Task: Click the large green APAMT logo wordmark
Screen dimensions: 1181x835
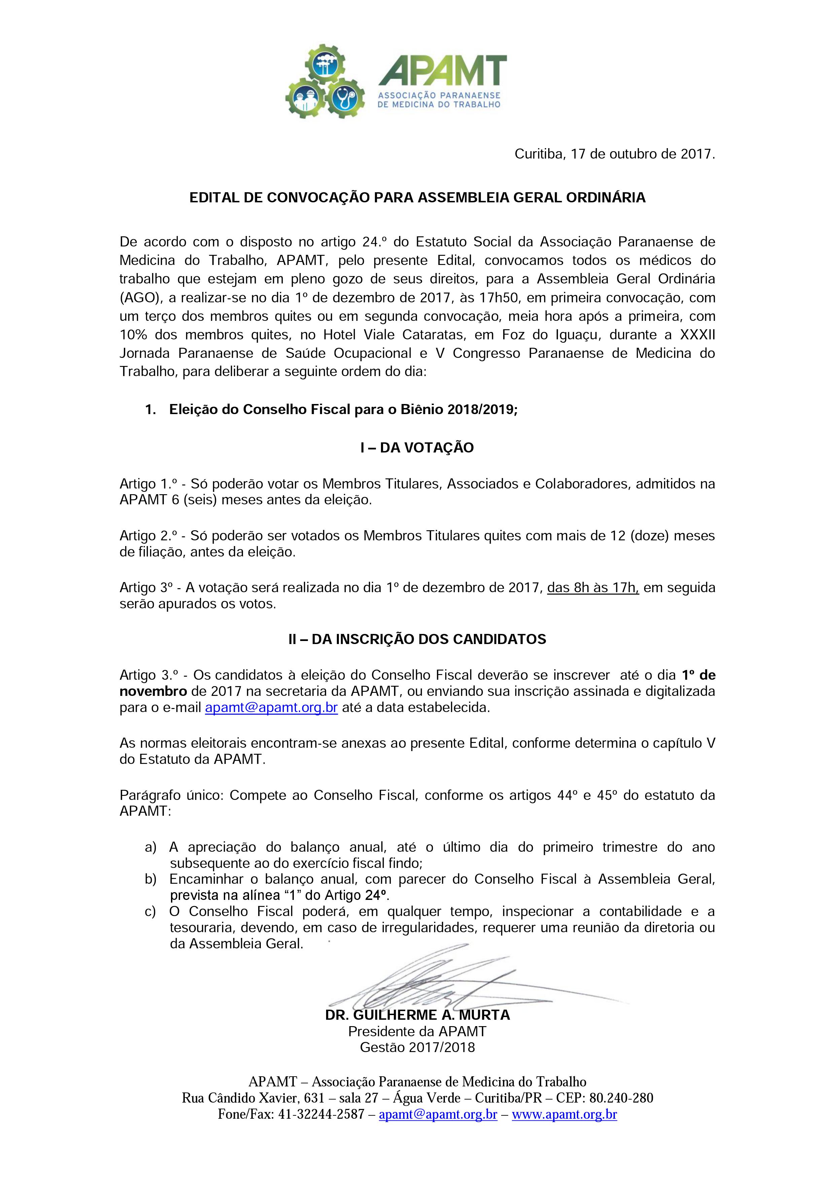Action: [x=442, y=70]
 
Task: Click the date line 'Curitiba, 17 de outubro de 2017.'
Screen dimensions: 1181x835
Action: [x=615, y=154]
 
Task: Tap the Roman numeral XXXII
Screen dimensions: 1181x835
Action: [x=697, y=335]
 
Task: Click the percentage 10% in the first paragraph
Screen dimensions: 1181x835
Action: [x=134, y=335]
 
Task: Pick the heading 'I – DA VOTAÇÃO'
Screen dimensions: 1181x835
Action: [x=417, y=447]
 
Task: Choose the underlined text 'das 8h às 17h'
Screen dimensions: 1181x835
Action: [x=593, y=587]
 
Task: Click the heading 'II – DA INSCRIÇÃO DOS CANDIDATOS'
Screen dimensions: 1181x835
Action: [x=417, y=639]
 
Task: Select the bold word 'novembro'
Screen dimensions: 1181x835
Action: [x=153, y=691]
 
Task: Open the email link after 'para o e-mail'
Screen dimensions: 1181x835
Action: [x=271, y=707]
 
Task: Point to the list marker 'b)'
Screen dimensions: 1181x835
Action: [x=151, y=879]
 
